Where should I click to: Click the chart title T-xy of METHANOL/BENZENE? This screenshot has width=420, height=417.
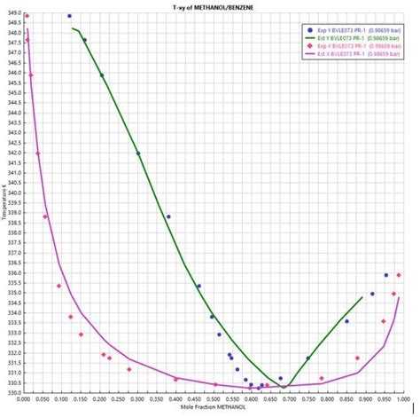(x=210, y=6)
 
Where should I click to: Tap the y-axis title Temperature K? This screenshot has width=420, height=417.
(x=4, y=201)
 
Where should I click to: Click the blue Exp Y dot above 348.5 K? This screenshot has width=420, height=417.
(x=70, y=16)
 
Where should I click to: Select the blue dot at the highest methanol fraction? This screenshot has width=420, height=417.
(x=386, y=275)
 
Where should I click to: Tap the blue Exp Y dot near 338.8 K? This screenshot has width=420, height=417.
(x=168, y=216)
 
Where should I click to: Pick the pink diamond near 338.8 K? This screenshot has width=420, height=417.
(x=45, y=216)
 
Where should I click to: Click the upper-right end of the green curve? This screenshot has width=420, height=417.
(x=362, y=296)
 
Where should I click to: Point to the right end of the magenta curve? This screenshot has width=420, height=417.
(x=400, y=297)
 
